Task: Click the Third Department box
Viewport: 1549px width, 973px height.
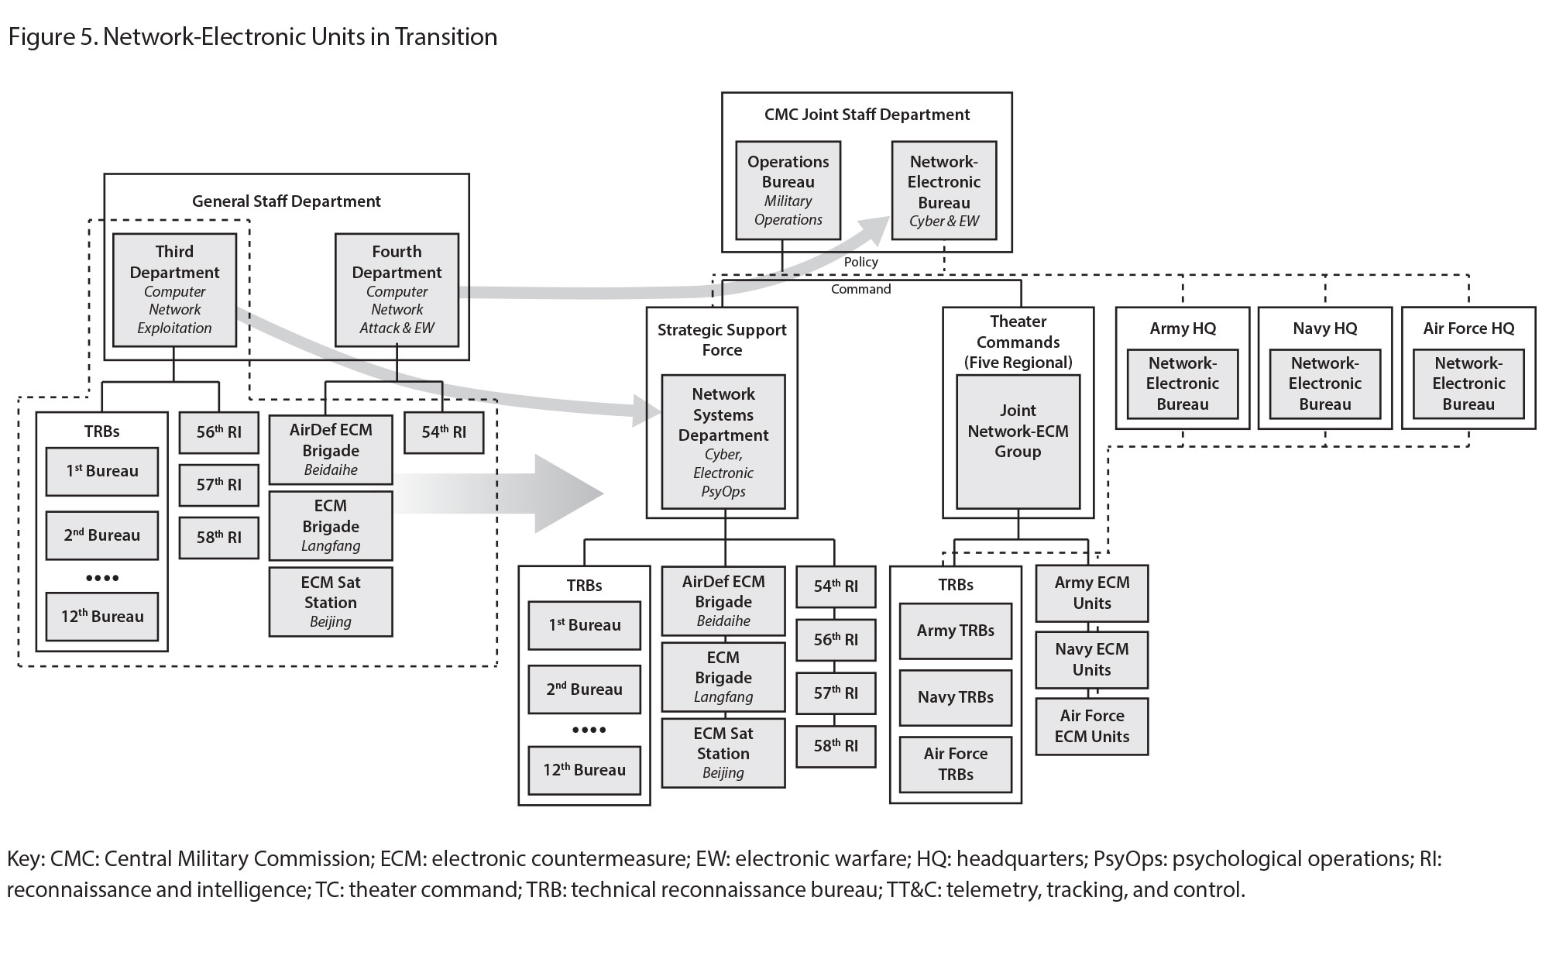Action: (x=174, y=290)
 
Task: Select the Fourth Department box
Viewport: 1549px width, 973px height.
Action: (x=397, y=290)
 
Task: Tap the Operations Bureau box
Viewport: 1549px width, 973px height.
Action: (x=788, y=191)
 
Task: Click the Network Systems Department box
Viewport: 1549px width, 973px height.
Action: (x=723, y=442)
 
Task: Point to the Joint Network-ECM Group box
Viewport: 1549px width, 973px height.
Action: (x=1018, y=442)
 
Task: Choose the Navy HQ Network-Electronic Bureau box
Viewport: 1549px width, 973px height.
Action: (x=1324, y=383)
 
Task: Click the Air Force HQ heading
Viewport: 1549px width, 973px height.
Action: (x=1468, y=328)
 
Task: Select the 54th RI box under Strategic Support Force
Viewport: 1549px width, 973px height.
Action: (x=836, y=586)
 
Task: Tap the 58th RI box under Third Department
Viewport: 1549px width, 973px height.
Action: (x=218, y=537)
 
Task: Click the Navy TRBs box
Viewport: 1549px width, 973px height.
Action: (x=955, y=697)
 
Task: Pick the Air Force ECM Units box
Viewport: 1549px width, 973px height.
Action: (x=1091, y=726)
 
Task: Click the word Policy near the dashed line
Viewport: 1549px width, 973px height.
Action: (x=860, y=262)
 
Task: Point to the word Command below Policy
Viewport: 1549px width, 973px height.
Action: (x=860, y=289)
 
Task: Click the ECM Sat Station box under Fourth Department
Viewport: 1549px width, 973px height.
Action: (x=331, y=602)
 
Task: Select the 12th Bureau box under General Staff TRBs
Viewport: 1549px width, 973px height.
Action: (x=102, y=617)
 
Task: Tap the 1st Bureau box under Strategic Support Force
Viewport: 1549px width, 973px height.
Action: (x=584, y=625)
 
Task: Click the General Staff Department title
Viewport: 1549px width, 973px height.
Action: (x=287, y=201)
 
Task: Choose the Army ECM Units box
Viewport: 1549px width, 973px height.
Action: (x=1091, y=593)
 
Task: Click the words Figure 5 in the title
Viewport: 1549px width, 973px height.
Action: (x=51, y=36)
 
